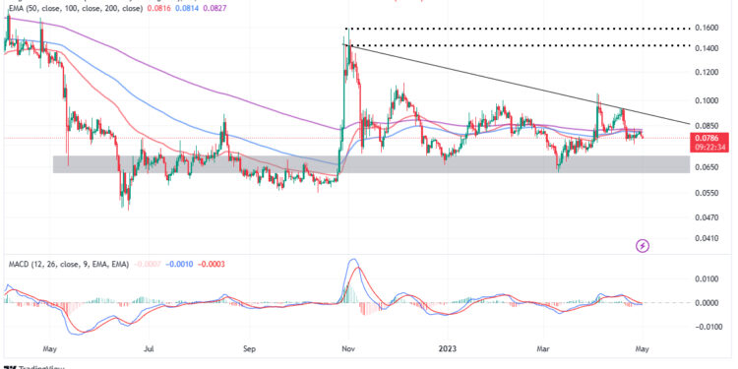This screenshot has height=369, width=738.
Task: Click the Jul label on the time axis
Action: pos(150,347)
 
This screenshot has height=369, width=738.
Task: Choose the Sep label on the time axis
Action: pos(249,347)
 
